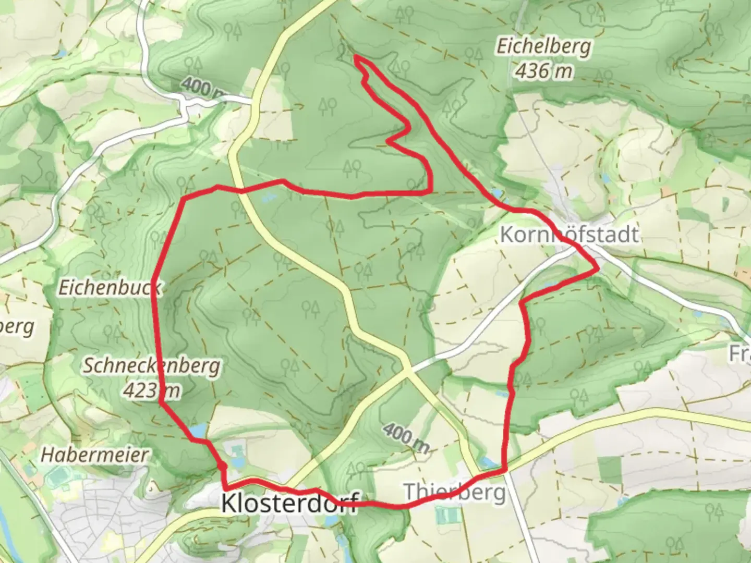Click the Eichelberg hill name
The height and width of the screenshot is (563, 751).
click(x=543, y=47)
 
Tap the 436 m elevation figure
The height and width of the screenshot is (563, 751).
click(x=543, y=70)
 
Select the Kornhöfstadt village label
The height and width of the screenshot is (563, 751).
click(x=568, y=235)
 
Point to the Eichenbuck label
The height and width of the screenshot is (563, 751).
click(x=110, y=287)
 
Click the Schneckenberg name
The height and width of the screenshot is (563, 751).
click(x=151, y=366)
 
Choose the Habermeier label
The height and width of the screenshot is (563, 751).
click(x=94, y=455)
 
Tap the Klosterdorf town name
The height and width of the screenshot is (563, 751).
click(x=289, y=503)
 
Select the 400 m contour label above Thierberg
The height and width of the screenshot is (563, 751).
click(x=406, y=438)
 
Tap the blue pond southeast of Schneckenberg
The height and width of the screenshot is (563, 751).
click(x=198, y=431)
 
